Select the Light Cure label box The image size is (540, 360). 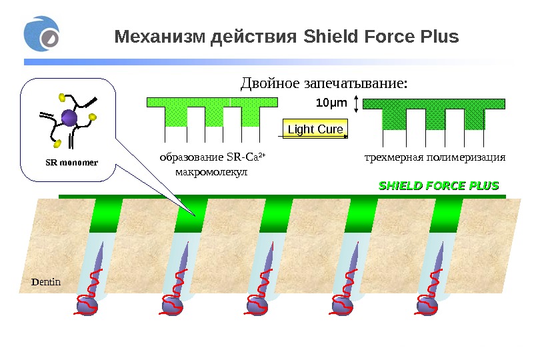coord(315,129)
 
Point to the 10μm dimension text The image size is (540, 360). coord(331,103)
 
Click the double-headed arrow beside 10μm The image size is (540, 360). coord(357,104)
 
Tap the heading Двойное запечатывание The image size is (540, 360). coord(323,84)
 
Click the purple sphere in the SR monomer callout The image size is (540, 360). coord(69,119)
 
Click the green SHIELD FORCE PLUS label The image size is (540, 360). coord(439,185)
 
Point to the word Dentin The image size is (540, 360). coord(47,281)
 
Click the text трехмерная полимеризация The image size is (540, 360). coord(435,158)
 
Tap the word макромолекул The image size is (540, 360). coord(210,172)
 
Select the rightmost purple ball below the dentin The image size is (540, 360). coord(427,305)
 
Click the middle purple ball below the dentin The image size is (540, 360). coord(257,305)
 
